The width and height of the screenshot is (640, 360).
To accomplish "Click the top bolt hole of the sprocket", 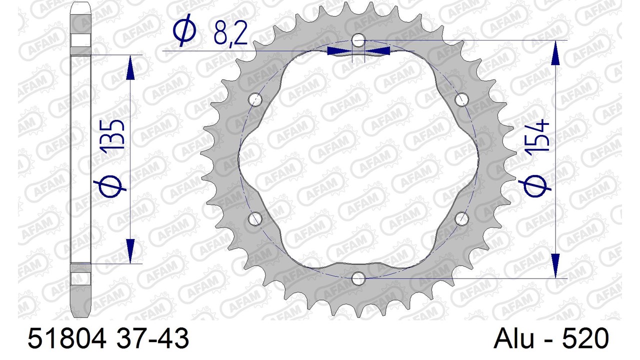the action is point(358,40).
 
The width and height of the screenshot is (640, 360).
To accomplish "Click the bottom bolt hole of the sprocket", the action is point(358,278).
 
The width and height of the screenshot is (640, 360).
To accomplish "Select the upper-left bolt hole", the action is point(255,99).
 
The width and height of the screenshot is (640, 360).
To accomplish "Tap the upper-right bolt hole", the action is point(461,99).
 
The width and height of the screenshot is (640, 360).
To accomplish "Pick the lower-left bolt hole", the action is point(255,219).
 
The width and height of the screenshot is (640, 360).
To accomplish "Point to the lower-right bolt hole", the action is point(461,219).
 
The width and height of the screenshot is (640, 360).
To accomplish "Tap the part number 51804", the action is point(67,338).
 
